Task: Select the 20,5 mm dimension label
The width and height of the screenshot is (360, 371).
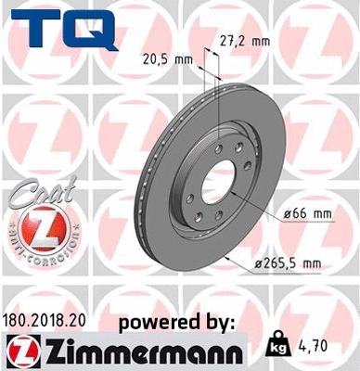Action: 174,58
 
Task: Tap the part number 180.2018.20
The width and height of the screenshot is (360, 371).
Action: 47,320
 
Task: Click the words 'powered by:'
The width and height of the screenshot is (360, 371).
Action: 177,322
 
